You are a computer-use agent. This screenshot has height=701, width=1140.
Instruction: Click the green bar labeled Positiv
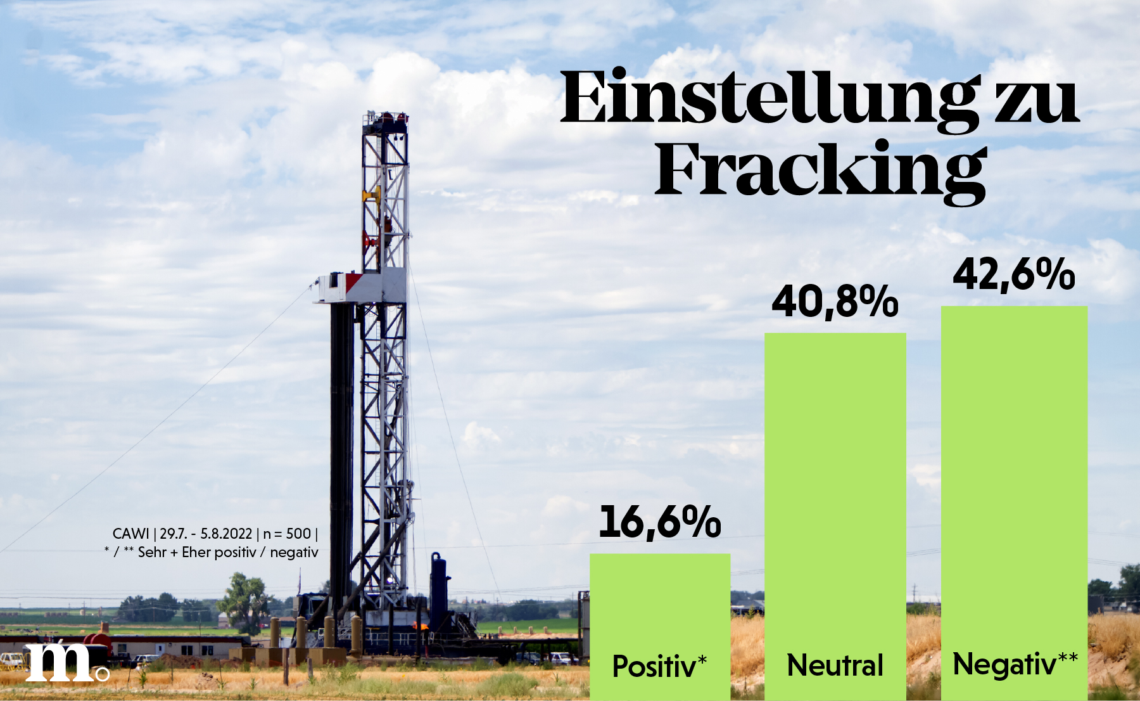(x=660, y=627)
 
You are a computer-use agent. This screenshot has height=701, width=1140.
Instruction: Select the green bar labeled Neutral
(x=835, y=517)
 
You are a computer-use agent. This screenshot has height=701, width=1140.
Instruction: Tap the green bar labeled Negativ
(x=1014, y=503)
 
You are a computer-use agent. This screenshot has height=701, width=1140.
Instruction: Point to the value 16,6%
(x=660, y=522)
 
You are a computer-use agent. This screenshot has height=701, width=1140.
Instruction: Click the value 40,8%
(x=835, y=301)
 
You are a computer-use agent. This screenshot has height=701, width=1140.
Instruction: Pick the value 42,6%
(x=1014, y=274)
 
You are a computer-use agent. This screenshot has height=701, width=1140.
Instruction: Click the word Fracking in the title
(x=821, y=172)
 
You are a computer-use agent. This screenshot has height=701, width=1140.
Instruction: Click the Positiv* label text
(x=659, y=666)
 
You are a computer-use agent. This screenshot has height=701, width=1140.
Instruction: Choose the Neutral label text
(x=835, y=666)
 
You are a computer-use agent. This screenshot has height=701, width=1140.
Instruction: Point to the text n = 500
(x=287, y=534)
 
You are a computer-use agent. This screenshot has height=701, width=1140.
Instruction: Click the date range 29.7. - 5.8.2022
(x=206, y=534)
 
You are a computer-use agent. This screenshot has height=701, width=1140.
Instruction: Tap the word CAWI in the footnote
(x=130, y=534)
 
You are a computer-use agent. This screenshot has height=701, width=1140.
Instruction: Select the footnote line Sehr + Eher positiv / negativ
(x=228, y=552)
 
